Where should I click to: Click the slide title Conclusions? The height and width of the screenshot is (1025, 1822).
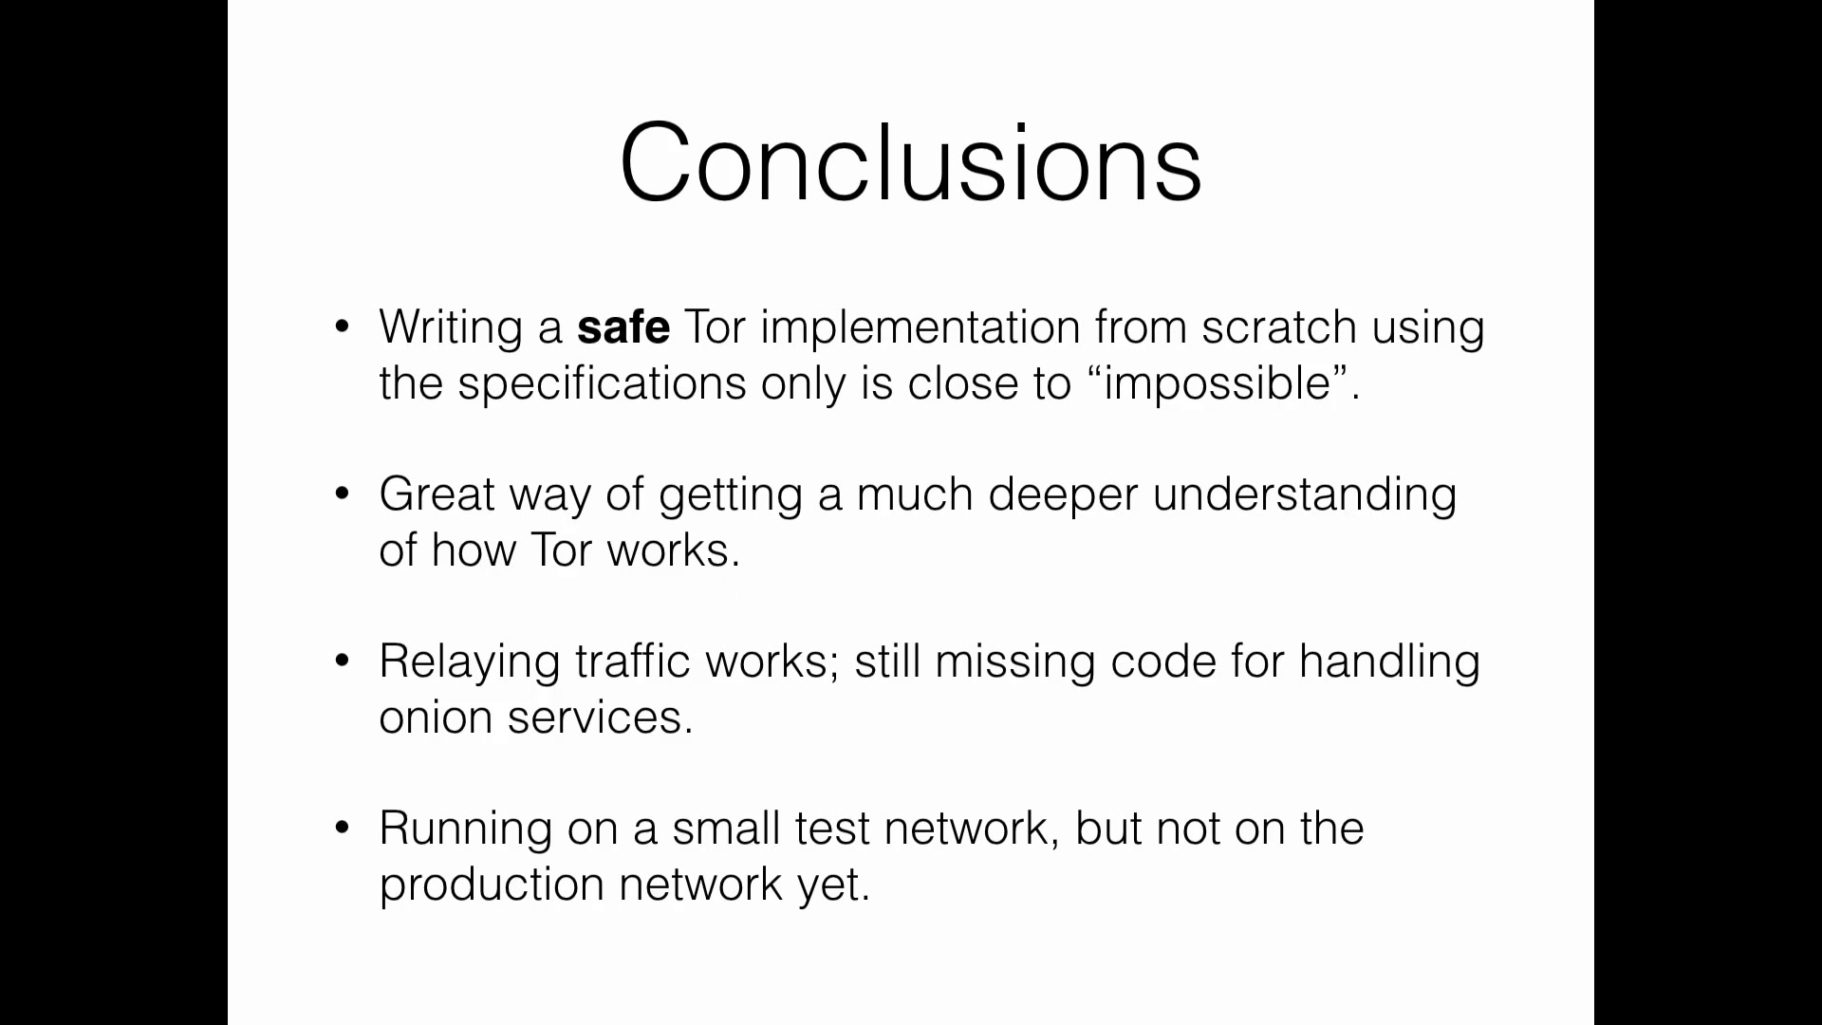tap(911, 162)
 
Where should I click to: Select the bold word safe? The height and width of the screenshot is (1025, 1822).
tap(623, 327)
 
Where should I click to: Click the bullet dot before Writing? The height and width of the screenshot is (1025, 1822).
tap(343, 327)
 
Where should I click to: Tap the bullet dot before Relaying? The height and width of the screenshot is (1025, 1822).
tap(343, 662)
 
